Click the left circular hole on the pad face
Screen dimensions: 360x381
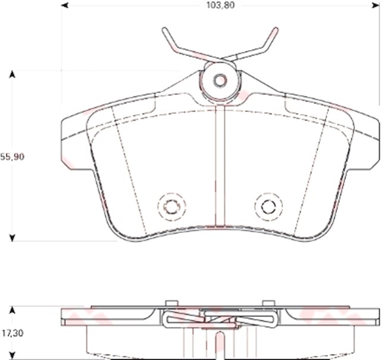click(171, 207)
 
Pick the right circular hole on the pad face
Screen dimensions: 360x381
click(268, 207)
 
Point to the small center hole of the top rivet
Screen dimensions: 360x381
click(220, 80)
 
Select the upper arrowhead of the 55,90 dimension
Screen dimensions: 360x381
click(11, 75)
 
